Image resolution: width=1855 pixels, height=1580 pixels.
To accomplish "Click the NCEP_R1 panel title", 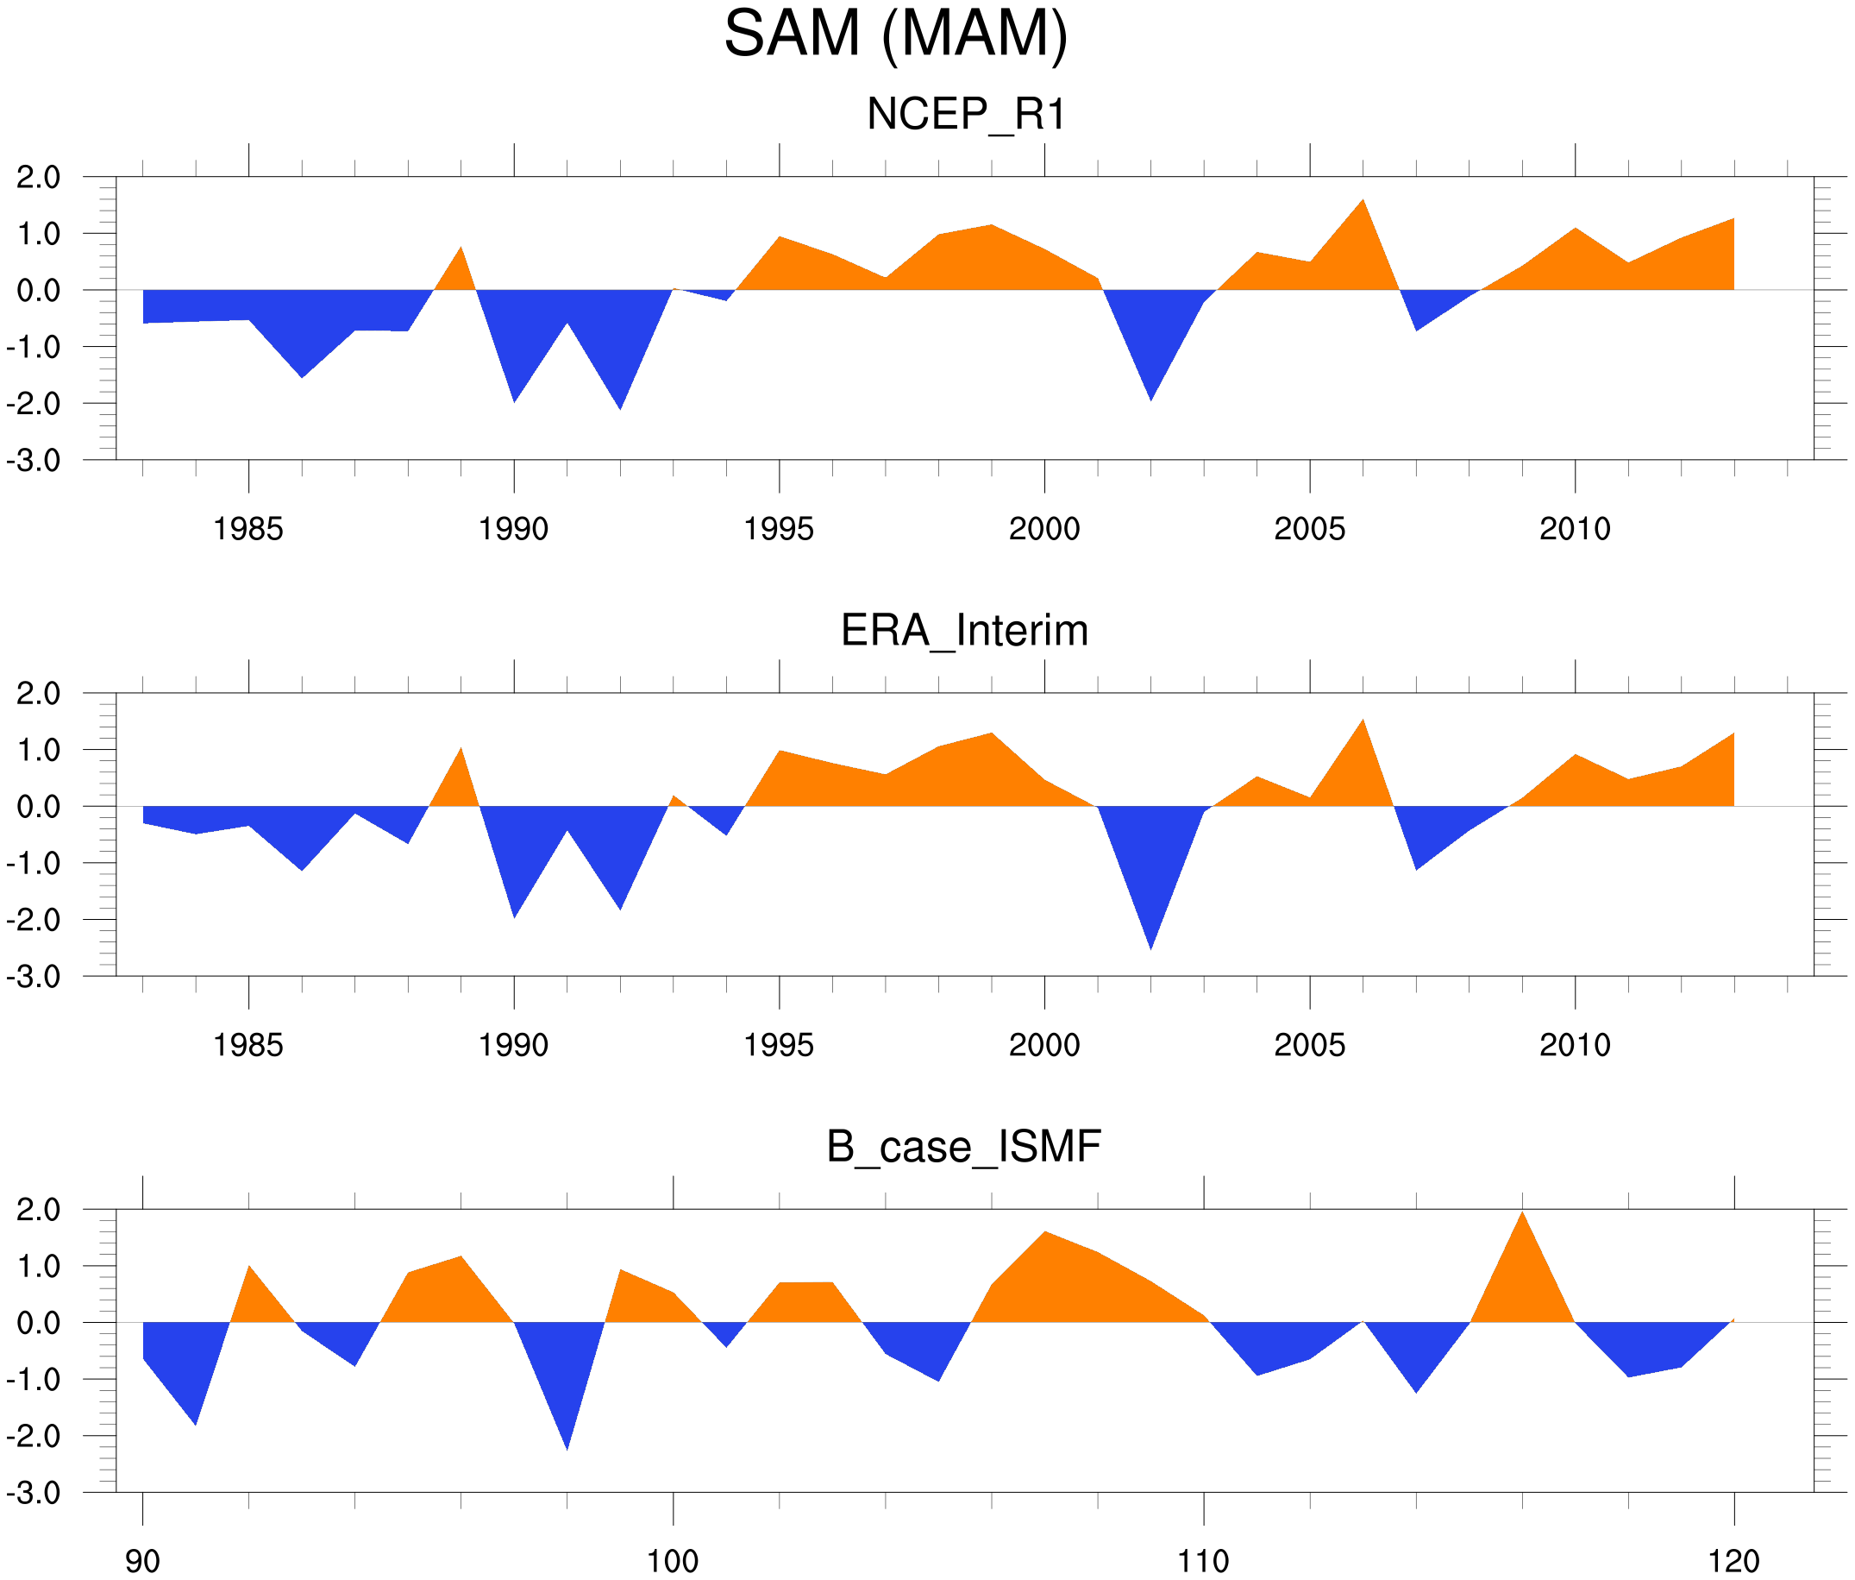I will [966, 115].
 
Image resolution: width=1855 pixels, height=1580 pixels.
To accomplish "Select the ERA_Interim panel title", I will [964, 631].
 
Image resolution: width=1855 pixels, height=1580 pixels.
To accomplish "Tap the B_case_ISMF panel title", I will [963, 1148].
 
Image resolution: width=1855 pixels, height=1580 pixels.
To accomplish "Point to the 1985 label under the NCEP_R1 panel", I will [248, 529].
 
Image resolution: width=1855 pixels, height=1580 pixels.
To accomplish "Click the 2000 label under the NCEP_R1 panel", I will [1043, 529].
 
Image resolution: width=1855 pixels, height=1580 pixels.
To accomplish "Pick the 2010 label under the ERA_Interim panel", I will [1575, 1045].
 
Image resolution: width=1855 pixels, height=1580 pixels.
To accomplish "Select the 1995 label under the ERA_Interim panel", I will [779, 1045].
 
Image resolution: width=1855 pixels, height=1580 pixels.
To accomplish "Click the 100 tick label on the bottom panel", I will [673, 1562].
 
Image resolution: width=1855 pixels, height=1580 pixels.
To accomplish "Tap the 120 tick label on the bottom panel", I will [1734, 1562].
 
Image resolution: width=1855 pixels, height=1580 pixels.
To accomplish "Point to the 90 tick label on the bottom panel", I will [142, 1562].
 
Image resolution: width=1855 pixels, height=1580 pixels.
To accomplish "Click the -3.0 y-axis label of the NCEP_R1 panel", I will [34, 462].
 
